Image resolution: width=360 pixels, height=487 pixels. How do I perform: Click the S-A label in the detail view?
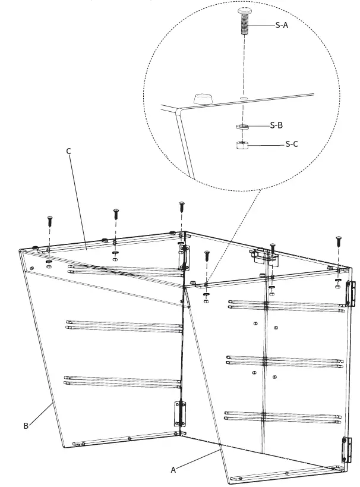pyautogui.click(x=282, y=26)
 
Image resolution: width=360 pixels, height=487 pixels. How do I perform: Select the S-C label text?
pyautogui.click(x=292, y=144)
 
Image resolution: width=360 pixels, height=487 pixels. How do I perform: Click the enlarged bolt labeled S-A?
pyautogui.click(x=244, y=21)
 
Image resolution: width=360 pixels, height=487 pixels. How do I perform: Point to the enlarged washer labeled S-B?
pyautogui.click(x=241, y=126)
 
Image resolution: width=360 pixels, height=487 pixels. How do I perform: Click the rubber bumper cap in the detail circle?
pyautogui.click(x=203, y=97)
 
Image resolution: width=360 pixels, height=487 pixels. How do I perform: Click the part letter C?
pyautogui.click(x=68, y=151)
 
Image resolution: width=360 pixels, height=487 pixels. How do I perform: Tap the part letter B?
pyautogui.click(x=26, y=426)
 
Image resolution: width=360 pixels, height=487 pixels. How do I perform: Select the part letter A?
pyautogui.click(x=173, y=470)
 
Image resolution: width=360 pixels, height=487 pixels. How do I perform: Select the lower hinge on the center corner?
pyautogui.click(x=179, y=413)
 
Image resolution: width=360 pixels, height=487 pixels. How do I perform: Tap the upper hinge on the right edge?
pyautogui.click(x=350, y=294)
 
